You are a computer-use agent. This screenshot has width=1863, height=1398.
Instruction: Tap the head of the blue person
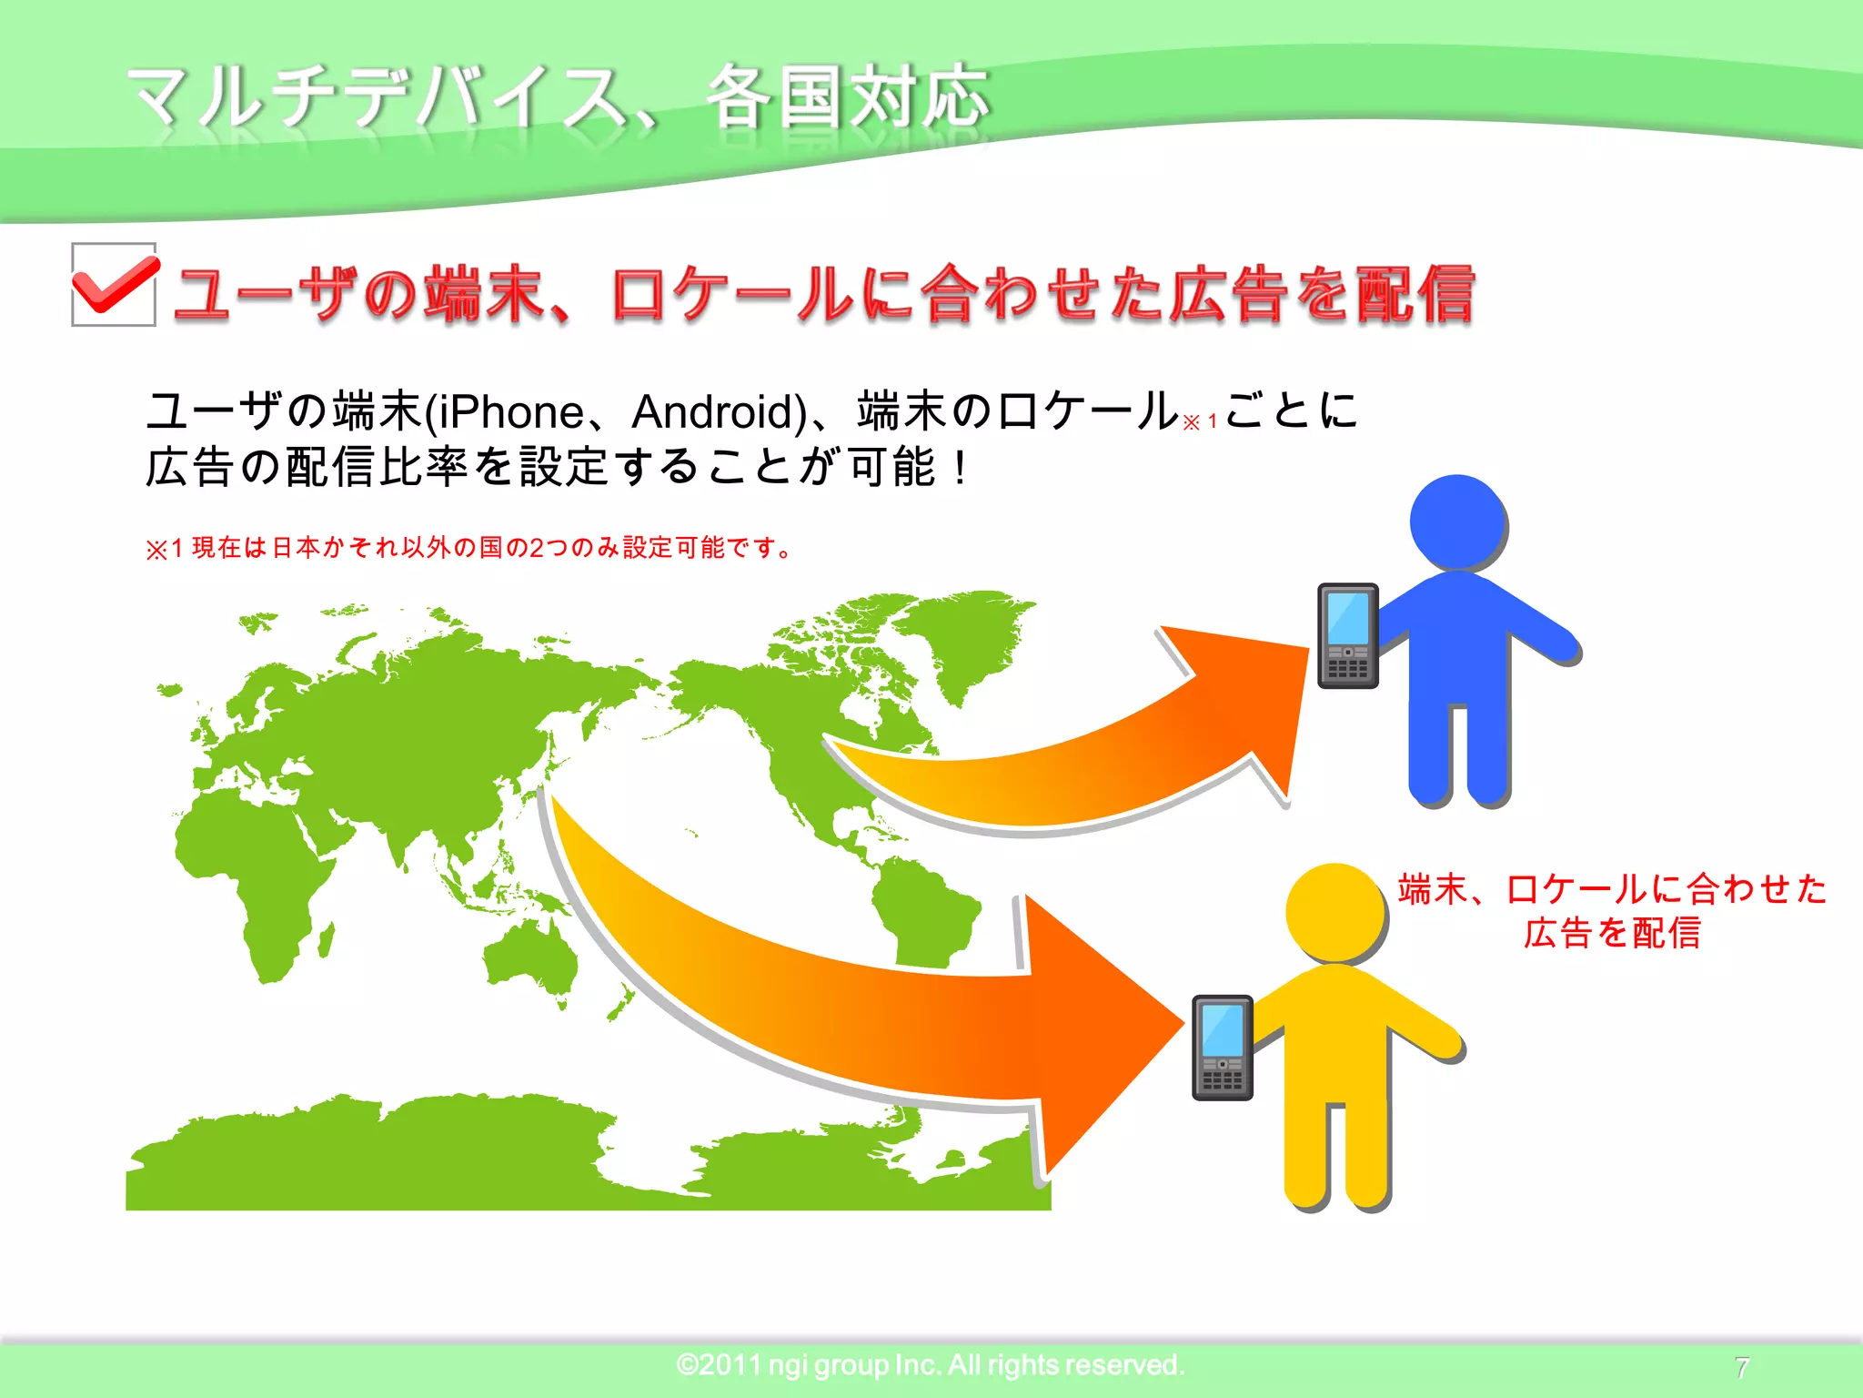pyautogui.click(x=1457, y=522)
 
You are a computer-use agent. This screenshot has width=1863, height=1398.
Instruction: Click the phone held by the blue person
pyautogui.click(x=1348, y=636)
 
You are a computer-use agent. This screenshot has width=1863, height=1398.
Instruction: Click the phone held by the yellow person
pyautogui.click(x=1223, y=1048)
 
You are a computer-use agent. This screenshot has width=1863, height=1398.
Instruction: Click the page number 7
pyautogui.click(x=1741, y=1367)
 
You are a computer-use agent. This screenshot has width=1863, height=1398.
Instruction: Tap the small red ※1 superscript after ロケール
pyautogui.click(x=1200, y=422)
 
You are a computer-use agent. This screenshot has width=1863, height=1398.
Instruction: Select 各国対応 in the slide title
pyautogui.click(x=848, y=96)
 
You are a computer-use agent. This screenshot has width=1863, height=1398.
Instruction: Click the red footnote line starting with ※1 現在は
pyautogui.click(x=468, y=548)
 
